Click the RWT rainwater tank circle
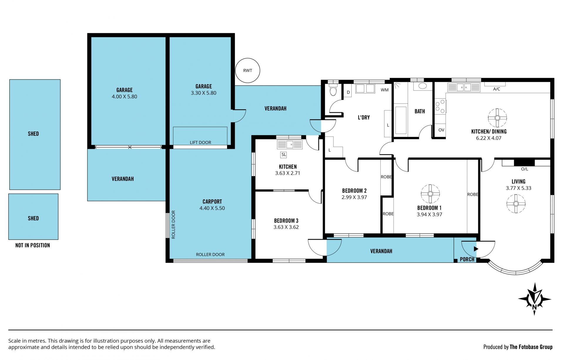[x=248, y=70]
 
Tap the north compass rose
[x=535, y=299]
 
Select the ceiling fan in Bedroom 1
[x=430, y=194]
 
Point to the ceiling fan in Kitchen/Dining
[x=497, y=118]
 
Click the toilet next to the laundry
[x=333, y=90]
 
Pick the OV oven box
[x=441, y=130]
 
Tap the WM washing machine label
[x=385, y=90]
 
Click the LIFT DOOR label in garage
[x=200, y=142]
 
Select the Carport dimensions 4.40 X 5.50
[x=212, y=208]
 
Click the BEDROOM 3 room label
[x=286, y=221]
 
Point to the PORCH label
[x=467, y=259]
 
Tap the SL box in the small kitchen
[x=283, y=154]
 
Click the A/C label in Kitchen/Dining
[x=496, y=89]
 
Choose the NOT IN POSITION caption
[x=33, y=245]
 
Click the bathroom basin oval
[x=423, y=86]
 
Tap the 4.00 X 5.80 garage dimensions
[x=124, y=97]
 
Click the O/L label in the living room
[x=524, y=169]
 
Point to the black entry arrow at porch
[x=476, y=249]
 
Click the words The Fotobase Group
[x=531, y=347]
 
